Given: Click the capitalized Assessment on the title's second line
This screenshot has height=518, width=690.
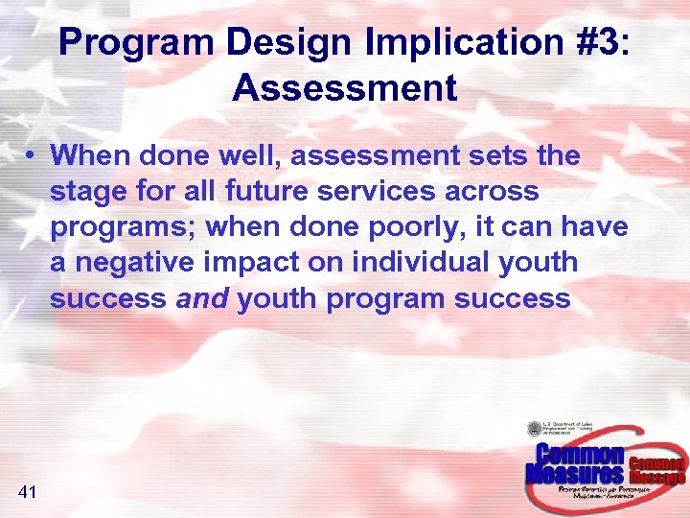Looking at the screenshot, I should tap(344, 88).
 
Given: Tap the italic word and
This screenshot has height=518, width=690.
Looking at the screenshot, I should tap(202, 298).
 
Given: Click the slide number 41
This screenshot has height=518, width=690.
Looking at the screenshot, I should tap(27, 492).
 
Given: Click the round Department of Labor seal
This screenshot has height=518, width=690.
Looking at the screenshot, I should tap(534, 430).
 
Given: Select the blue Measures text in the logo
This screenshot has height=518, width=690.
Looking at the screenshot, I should tap(574, 474).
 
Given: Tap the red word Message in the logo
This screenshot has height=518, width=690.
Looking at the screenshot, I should tap(656, 477).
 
